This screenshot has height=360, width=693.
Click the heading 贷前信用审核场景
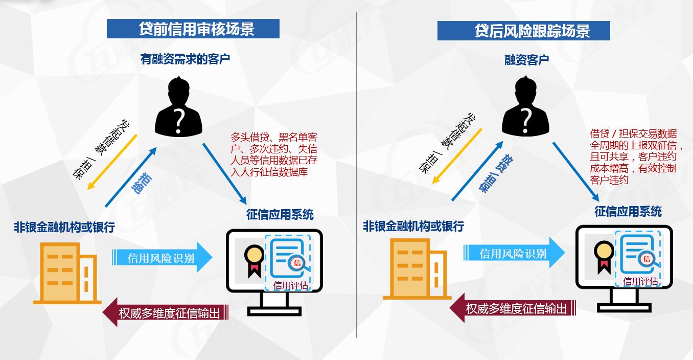point(193,29)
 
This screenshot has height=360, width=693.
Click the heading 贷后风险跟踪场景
point(523,31)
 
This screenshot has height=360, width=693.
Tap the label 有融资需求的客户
point(185,59)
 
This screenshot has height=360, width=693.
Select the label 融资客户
point(526,60)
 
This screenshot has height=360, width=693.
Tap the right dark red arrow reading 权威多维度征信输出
point(513,308)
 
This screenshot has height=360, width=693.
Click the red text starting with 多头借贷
point(274,154)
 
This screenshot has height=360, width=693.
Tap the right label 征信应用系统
point(628,212)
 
